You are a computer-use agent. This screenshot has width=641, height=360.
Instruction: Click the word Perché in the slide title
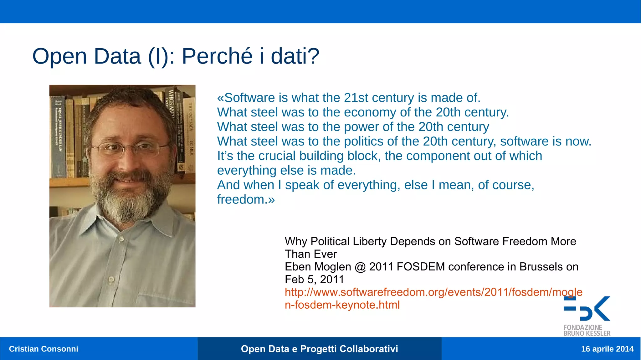[x=217, y=56]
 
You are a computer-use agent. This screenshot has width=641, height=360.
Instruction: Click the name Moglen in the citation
[x=333, y=267]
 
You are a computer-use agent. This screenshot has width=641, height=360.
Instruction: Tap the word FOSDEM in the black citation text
[x=420, y=267]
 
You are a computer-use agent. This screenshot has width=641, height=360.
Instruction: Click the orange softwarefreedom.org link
[x=433, y=292]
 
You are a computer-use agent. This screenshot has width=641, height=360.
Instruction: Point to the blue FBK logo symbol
[x=587, y=309]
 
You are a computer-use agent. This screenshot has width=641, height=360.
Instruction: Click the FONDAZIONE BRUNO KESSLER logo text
[x=587, y=330]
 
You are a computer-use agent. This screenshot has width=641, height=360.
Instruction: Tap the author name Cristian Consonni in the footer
[x=44, y=349]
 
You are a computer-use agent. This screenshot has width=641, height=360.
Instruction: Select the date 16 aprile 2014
[x=607, y=349]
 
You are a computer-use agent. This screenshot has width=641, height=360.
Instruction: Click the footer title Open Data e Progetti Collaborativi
[x=319, y=349]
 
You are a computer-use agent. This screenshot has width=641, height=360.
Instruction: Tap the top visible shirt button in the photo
[x=121, y=239]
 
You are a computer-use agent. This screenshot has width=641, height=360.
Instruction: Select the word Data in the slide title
[x=117, y=56]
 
